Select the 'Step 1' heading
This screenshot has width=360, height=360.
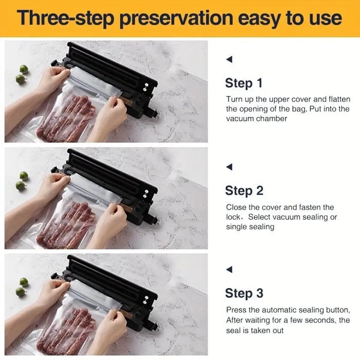pos(244,83)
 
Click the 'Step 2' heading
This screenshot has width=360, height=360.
pos(244,191)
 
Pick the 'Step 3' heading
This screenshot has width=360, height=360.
pos(244,293)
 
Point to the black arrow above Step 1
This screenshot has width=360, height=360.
pos(229,59)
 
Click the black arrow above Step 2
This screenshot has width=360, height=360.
pos(229,167)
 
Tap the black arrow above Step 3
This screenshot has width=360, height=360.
pos(229,269)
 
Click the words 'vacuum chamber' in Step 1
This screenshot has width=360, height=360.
pos(256,119)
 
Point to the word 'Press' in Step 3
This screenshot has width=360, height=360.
pos(236,310)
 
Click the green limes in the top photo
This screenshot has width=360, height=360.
pos(22,74)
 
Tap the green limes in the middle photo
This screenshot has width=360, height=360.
pos(22,181)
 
